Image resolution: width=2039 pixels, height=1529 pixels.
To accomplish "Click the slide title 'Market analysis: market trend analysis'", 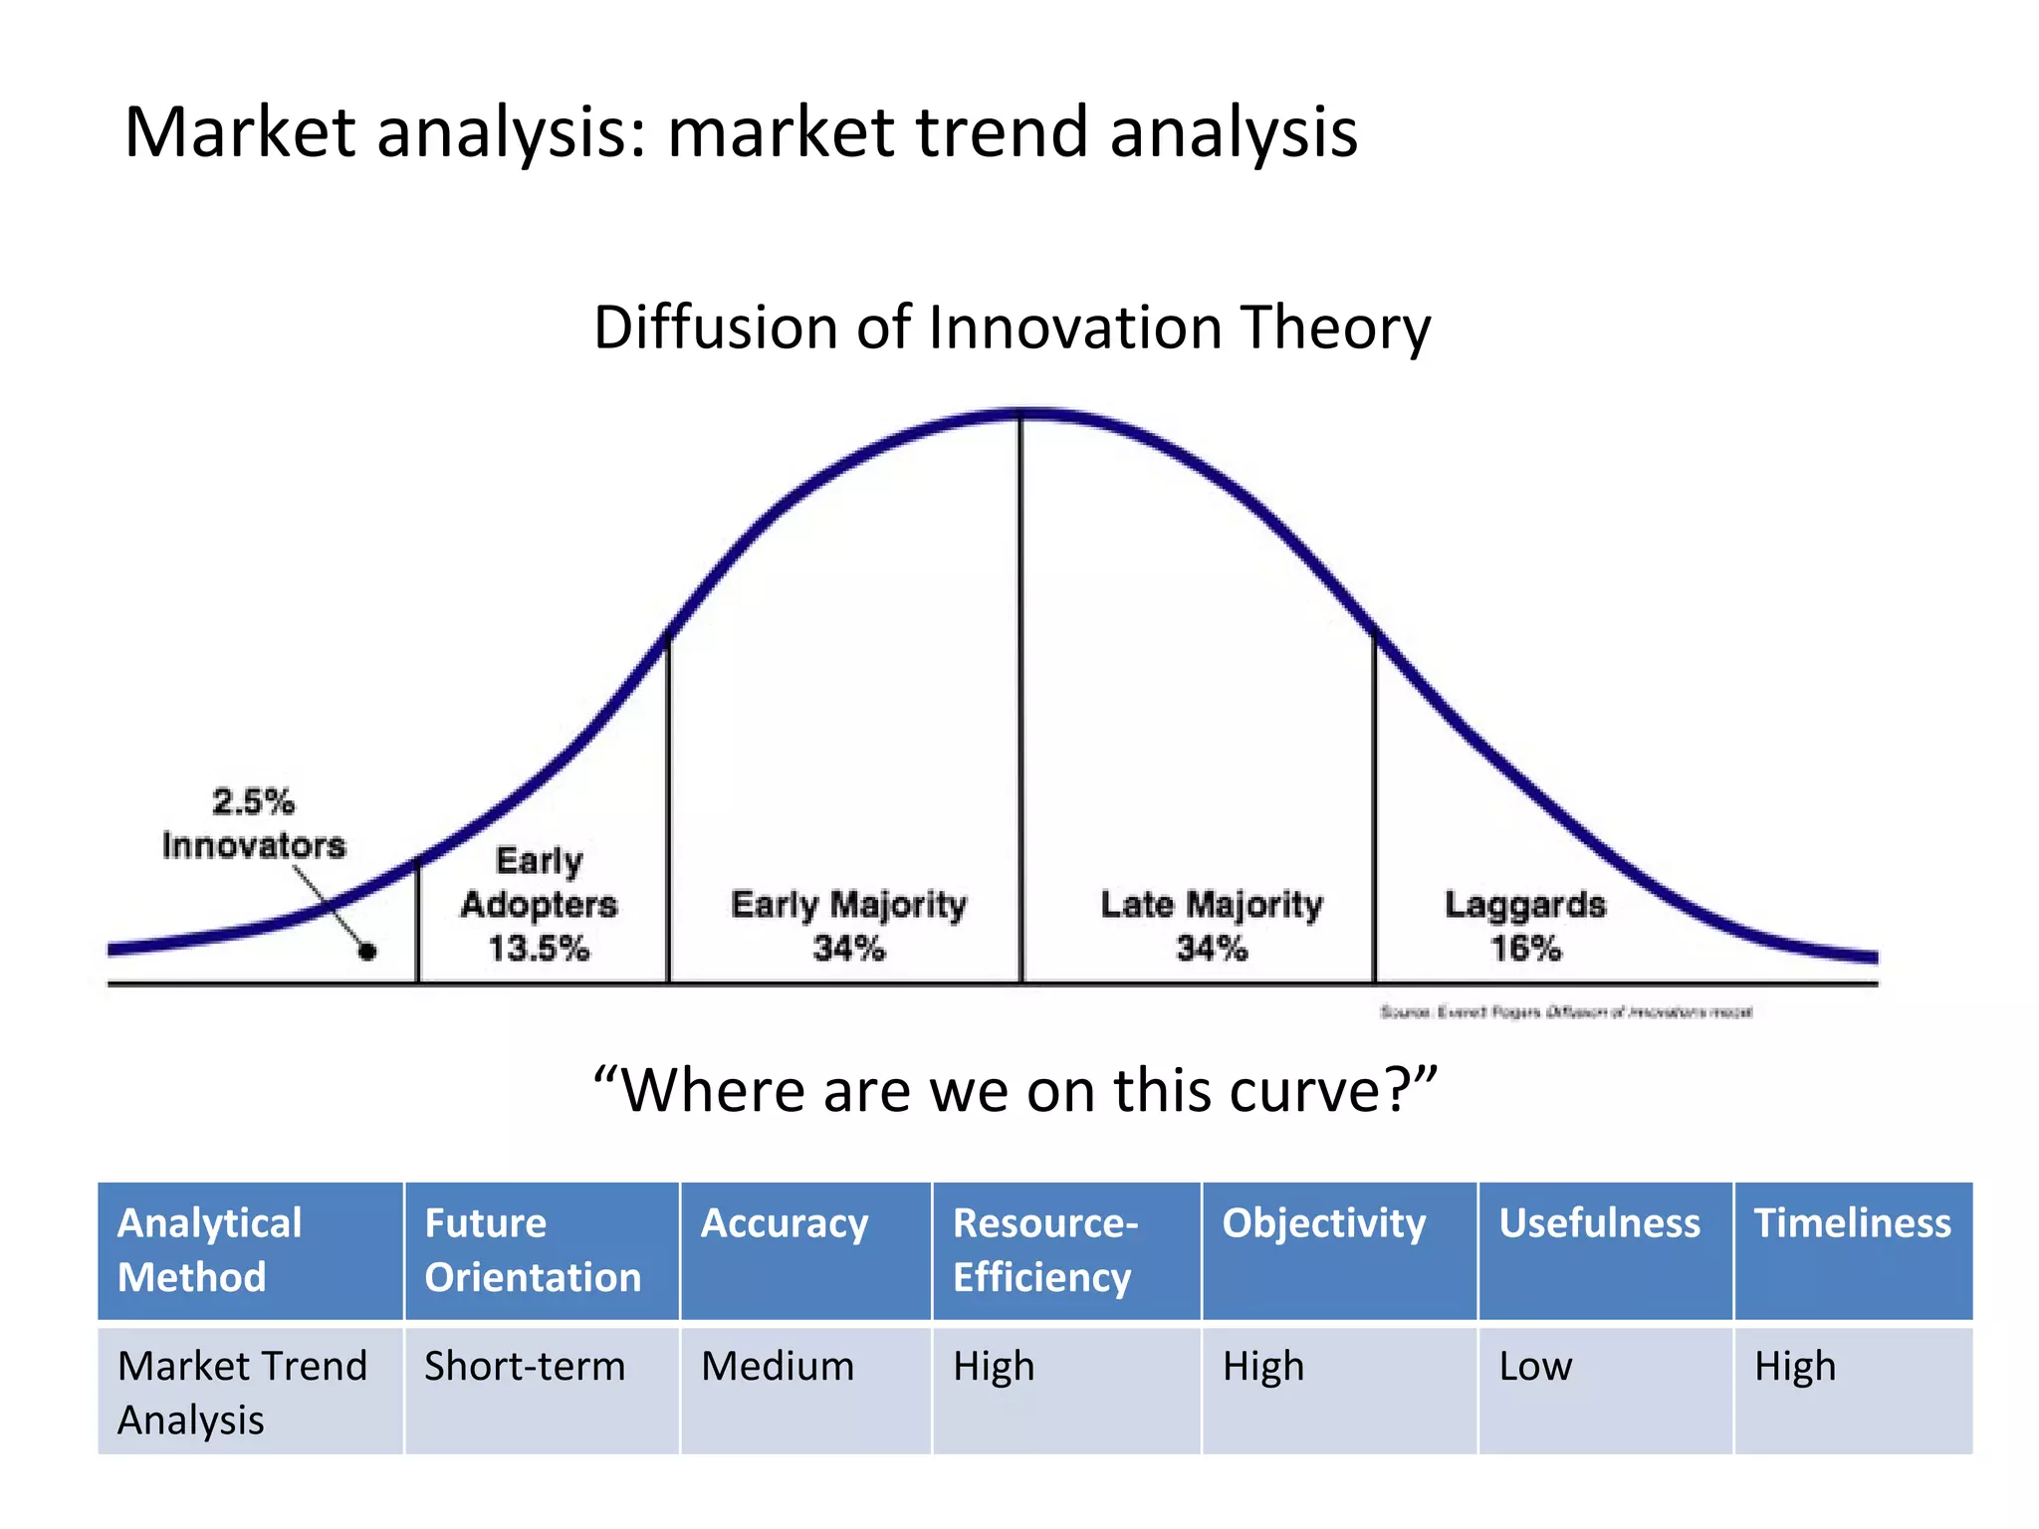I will [741, 132].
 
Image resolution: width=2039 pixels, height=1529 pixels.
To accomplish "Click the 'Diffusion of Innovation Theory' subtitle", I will [1012, 328].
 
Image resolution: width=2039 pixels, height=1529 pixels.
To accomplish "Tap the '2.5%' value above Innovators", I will [253, 801].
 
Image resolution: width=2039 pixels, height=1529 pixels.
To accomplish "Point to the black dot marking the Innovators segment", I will [367, 953].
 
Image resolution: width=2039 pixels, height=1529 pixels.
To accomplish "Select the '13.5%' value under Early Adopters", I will [539, 948].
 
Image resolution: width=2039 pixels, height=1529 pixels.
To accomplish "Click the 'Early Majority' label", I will [848, 904].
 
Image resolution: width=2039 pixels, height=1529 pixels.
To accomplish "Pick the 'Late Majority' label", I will [1212, 904].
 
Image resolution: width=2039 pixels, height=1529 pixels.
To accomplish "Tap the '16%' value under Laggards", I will [1524, 948].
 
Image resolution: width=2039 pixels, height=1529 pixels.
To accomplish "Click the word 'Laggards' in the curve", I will [1524, 904].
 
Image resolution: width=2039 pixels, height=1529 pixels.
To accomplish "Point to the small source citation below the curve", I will [1565, 1012].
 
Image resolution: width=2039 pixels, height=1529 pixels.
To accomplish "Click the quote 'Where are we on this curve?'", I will [1015, 1090].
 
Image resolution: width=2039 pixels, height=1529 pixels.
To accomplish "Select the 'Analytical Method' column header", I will [210, 1249].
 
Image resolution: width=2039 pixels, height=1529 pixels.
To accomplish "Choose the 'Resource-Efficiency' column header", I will [1044, 1249].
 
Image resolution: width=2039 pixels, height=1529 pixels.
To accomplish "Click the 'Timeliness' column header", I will [1852, 1223].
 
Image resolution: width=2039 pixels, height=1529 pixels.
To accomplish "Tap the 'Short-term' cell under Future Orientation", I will [525, 1366].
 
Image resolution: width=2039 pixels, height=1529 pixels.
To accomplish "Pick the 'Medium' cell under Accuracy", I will [778, 1366].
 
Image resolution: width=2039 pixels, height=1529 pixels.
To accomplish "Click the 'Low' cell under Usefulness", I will [1535, 1366].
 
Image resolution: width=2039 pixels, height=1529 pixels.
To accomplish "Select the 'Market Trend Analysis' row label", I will [242, 1392].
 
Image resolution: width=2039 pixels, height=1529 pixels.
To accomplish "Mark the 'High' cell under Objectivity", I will [1263, 1366].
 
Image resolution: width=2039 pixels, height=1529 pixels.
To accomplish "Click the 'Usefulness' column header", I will [1599, 1223].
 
